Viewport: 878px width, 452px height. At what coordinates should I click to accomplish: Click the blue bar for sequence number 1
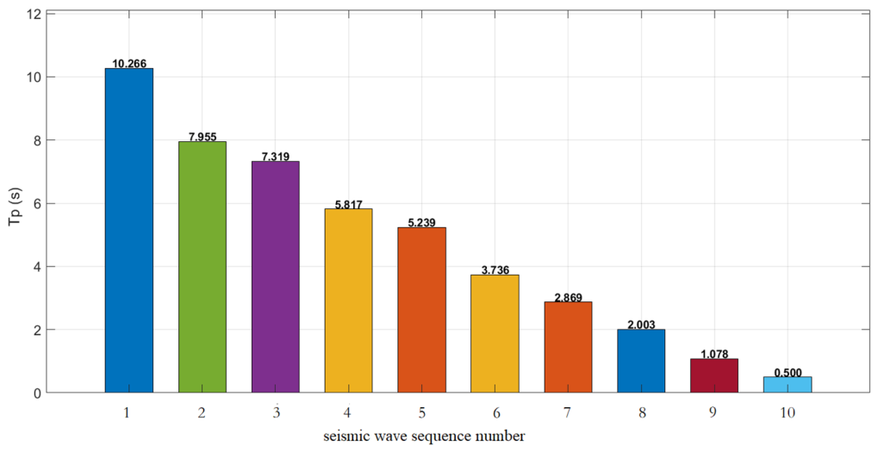pos(128,231)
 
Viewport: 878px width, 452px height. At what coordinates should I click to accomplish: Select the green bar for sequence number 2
pos(202,267)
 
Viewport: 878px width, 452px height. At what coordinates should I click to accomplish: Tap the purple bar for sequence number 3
pos(276,277)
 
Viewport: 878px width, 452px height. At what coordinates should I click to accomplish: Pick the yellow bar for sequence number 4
pos(348,300)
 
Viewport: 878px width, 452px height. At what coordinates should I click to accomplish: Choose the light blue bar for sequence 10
pos(788,385)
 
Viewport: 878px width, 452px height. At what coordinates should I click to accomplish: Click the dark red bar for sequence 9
pos(714,376)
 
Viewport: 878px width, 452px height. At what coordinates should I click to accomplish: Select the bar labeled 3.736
pos(495,334)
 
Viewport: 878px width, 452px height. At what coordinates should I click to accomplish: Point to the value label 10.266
pos(129,64)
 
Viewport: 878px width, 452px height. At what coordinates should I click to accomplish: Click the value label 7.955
pos(202,137)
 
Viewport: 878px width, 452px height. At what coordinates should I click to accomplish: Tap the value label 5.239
pos(421,223)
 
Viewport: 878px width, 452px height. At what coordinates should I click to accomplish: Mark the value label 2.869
pos(569,298)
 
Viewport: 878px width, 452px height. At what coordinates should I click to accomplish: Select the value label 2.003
pos(641,325)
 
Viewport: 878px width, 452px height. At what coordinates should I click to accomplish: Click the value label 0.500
pos(788,373)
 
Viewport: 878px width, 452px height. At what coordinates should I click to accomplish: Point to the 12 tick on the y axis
pos(34,14)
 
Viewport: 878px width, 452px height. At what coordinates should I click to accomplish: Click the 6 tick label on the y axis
pos(36,204)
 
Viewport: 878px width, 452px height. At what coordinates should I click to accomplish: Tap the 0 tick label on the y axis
pos(36,393)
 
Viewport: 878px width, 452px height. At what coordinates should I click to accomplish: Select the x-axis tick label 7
pos(568,413)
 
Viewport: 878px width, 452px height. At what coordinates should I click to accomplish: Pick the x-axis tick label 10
pos(788,413)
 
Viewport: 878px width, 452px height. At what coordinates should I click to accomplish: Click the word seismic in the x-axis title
pos(343,437)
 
